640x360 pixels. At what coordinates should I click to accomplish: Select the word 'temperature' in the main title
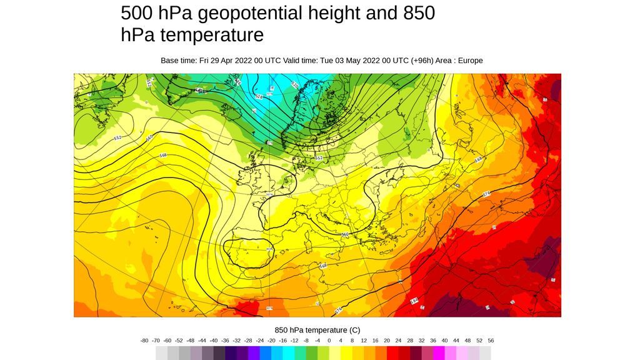(212, 34)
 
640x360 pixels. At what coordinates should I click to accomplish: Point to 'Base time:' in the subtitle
(179, 61)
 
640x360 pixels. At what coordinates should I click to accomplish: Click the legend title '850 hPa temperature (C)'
(317, 329)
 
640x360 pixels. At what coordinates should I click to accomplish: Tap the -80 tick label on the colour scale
(144, 341)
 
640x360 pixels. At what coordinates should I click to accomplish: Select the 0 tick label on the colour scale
(329, 341)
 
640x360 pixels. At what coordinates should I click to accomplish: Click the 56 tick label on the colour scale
(491, 341)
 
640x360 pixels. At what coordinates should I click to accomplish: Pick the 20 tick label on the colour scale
(387, 341)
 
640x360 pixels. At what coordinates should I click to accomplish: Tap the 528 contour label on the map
(258, 96)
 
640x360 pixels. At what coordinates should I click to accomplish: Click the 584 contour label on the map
(414, 301)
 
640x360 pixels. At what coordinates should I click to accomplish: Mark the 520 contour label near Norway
(295, 85)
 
